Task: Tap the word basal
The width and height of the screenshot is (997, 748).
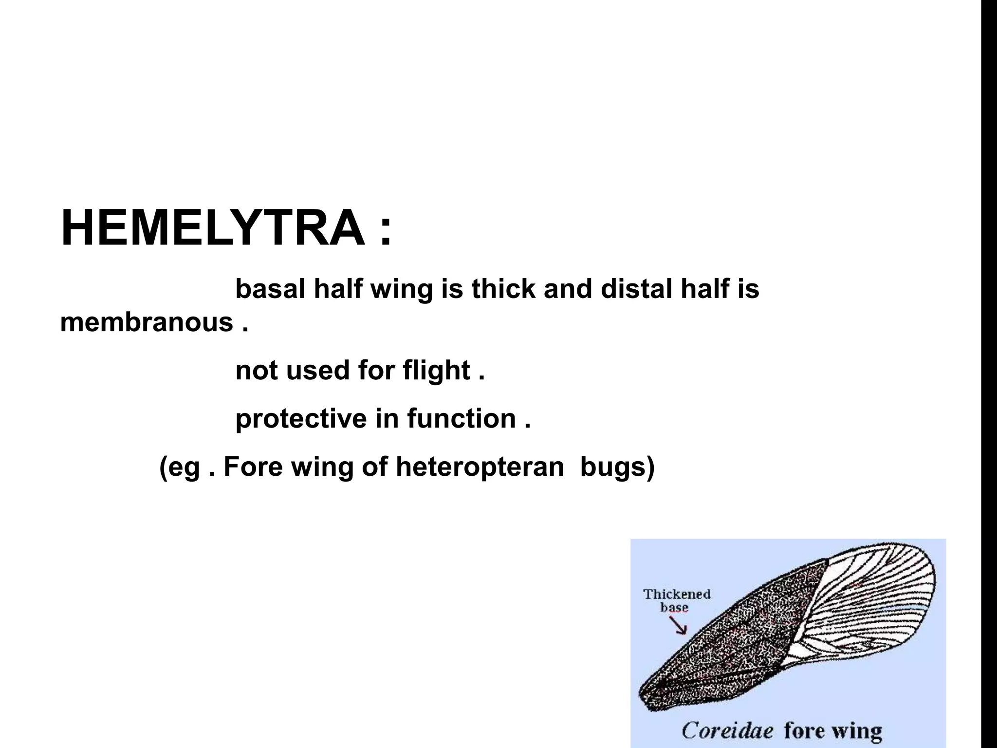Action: click(x=270, y=289)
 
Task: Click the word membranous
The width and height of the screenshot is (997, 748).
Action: click(x=147, y=322)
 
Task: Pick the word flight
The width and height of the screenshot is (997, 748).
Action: click(x=436, y=371)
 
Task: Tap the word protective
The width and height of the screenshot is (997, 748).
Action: click(x=301, y=418)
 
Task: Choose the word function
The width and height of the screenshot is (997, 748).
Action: click(x=462, y=418)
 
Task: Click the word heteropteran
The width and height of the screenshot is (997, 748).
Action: click(x=480, y=467)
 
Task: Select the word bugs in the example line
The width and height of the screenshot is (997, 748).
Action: click(x=617, y=467)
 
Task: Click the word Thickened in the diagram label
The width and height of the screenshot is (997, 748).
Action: click(x=677, y=594)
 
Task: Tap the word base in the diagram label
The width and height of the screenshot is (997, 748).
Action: click(x=674, y=608)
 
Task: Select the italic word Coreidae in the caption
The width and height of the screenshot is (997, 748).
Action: click(x=727, y=730)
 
